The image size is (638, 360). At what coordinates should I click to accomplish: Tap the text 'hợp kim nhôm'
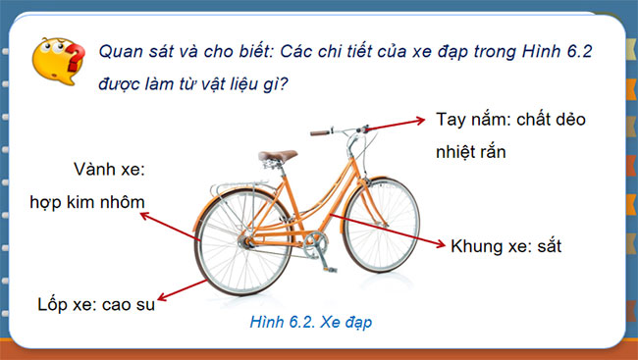coord(89,202)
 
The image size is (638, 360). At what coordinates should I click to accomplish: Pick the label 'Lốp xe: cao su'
coord(96,304)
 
